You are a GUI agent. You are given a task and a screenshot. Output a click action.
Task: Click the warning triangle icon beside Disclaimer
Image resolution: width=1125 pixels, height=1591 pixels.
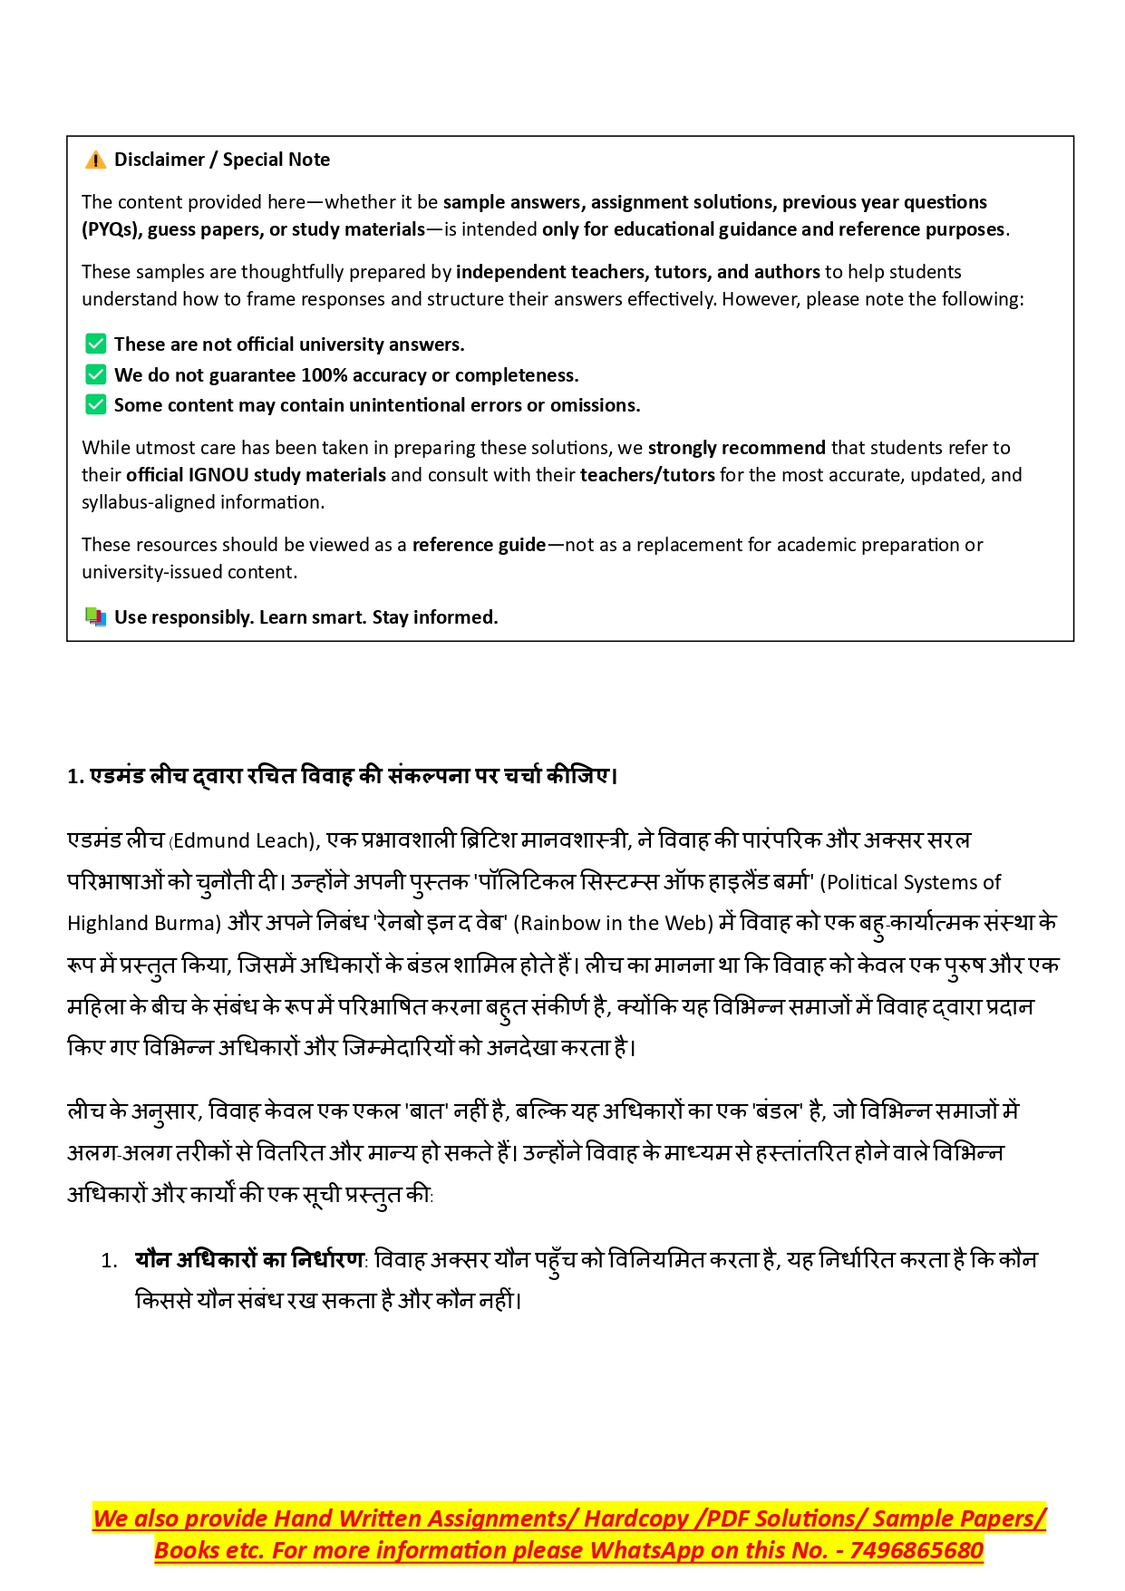pyautogui.click(x=95, y=160)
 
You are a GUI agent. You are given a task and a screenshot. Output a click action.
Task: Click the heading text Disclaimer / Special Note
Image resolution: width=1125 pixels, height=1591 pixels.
pyautogui.click(x=222, y=160)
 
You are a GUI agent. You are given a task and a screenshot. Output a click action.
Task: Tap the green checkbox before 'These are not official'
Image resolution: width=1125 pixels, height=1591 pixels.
pyautogui.click(x=95, y=344)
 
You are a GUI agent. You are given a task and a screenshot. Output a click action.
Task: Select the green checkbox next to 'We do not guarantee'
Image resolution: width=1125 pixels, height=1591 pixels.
pyautogui.click(x=95, y=374)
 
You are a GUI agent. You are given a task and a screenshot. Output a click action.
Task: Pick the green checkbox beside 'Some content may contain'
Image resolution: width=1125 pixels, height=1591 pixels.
pyautogui.click(x=95, y=404)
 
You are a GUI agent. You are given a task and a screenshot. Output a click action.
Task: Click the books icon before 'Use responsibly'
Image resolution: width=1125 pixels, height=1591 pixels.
pyautogui.click(x=95, y=617)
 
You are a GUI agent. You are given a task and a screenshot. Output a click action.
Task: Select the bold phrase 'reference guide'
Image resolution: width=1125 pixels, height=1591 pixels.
pyautogui.click(x=479, y=545)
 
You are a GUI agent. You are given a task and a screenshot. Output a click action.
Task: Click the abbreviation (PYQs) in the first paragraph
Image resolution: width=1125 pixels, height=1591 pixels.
pyautogui.click(x=110, y=229)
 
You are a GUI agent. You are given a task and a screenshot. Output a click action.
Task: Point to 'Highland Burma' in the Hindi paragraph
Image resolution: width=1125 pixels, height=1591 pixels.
pyautogui.click(x=144, y=924)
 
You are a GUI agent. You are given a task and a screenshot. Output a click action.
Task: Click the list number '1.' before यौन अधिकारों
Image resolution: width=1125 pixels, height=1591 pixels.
pyautogui.click(x=109, y=1261)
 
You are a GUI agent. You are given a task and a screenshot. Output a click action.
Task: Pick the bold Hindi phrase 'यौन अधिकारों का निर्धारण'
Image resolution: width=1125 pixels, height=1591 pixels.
pyautogui.click(x=248, y=1260)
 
